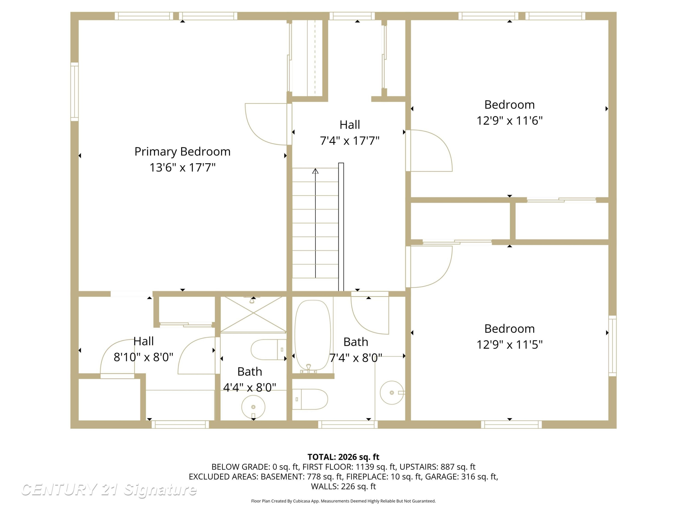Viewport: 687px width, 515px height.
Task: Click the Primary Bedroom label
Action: pos(182,152)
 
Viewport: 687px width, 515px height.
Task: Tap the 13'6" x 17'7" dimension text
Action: pos(182,167)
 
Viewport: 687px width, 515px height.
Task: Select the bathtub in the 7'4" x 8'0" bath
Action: pos(312,336)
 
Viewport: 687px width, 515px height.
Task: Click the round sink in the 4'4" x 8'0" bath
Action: pos(253,407)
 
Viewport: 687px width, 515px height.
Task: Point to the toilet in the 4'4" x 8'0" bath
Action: pos(268,350)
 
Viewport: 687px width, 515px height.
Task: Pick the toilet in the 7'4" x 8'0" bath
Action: pos(310,399)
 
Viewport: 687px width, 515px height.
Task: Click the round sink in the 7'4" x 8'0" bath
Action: pos(392,393)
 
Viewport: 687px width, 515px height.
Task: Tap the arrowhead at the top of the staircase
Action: pos(315,171)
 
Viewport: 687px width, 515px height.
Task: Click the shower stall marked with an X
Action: pos(253,314)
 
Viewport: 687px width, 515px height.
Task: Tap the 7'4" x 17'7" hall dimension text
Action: pos(350,141)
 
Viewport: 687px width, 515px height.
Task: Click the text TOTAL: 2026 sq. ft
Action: pos(343,457)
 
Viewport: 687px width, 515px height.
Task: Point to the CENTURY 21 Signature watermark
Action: pos(109,490)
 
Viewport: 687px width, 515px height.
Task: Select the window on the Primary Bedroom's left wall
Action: pos(74,92)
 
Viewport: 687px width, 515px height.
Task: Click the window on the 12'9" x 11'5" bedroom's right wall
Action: pos(612,346)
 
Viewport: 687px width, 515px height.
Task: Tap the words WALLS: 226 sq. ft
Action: pos(343,486)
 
